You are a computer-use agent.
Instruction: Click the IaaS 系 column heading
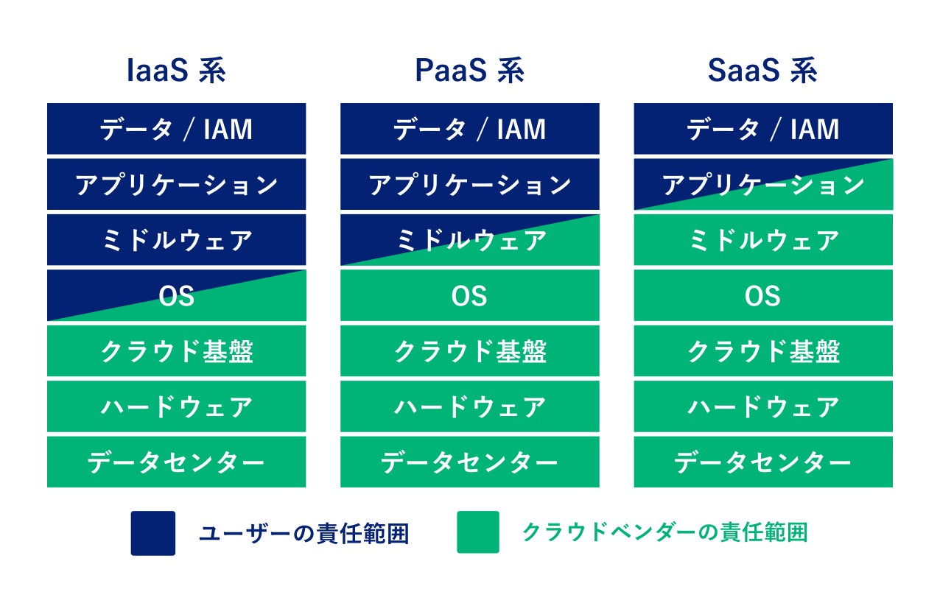click(x=176, y=71)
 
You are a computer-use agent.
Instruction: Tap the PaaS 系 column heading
click(x=469, y=71)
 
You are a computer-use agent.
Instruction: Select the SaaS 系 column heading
click(x=762, y=71)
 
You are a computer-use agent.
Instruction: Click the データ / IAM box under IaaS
click(x=176, y=129)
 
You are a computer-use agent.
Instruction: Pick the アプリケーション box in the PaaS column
click(x=469, y=184)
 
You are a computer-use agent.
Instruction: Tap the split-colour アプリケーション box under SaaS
click(x=763, y=184)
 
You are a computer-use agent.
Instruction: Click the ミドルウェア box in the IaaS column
click(x=176, y=240)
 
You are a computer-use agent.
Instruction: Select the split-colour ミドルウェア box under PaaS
click(x=469, y=240)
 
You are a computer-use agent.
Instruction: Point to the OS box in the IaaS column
click(x=176, y=295)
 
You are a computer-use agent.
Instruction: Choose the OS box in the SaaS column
click(x=763, y=295)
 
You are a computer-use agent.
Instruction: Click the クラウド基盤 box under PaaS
click(x=469, y=351)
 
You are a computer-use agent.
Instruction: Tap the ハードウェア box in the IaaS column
click(x=176, y=406)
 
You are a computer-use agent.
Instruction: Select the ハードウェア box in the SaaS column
click(x=763, y=406)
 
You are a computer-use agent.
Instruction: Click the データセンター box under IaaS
click(x=176, y=462)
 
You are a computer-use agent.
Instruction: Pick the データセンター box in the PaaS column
click(x=469, y=462)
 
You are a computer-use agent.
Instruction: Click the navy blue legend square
click(x=153, y=533)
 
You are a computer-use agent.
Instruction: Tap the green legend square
click(x=478, y=532)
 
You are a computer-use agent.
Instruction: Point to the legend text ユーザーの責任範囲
click(x=304, y=533)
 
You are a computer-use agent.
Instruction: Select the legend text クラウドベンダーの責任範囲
click(x=665, y=532)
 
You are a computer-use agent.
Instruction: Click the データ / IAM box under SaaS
click(x=763, y=129)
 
